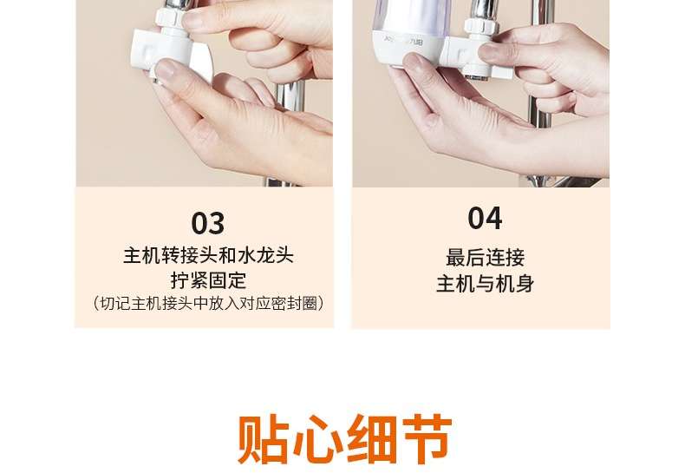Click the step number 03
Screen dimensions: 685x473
pos(208,223)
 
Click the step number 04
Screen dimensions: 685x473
pos(485,218)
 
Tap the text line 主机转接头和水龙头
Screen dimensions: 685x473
pos(208,255)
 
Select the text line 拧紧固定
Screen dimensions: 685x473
pos(208,280)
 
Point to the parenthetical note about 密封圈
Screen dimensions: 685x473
pos(208,303)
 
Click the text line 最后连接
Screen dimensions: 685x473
pos(485,257)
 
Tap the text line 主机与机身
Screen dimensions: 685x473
pos(485,283)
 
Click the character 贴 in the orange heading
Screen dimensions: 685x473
pos(263,438)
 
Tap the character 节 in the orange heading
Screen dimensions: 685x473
pos(427,438)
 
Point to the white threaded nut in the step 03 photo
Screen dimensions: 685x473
pos(168,17)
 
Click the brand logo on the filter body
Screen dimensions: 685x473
pos(404,41)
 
